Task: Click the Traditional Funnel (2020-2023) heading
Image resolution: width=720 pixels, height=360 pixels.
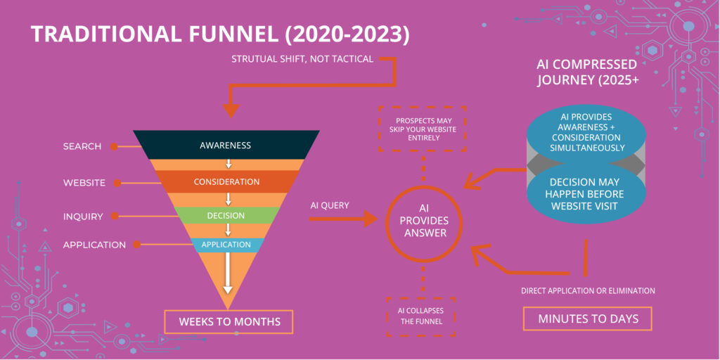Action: (x=219, y=33)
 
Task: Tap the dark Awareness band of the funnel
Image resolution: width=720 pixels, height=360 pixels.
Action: (x=225, y=146)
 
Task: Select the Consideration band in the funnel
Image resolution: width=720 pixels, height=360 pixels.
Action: (x=226, y=181)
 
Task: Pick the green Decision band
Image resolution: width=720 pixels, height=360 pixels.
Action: (x=226, y=215)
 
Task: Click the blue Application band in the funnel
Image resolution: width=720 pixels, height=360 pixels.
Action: (x=226, y=245)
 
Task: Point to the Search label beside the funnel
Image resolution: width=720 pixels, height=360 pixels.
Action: (x=82, y=146)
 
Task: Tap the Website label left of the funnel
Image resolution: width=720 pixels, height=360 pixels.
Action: (x=84, y=183)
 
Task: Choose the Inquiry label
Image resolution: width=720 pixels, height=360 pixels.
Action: (x=83, y=216)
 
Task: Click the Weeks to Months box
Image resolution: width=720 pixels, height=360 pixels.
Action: (x=229, y=321)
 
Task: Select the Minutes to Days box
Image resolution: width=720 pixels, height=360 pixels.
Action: (x=588, y=319)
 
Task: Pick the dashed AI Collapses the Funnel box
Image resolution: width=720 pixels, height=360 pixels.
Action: (x=421, y=316)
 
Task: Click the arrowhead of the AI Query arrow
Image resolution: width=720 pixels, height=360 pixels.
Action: (x=371, y=220)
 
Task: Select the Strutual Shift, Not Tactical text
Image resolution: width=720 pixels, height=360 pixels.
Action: (x=302, y=58)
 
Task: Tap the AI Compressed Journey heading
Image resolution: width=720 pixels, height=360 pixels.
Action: (x=586, y=72)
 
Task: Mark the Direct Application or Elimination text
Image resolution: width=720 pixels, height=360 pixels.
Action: (x=588, y=290)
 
